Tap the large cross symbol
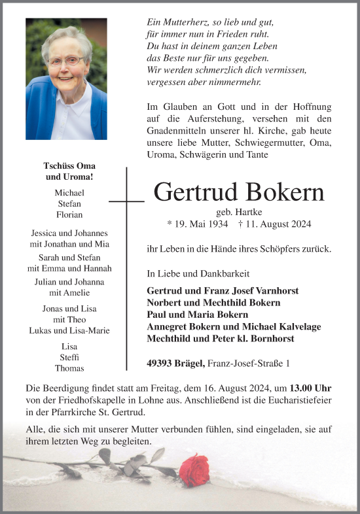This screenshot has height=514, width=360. pos(126,201)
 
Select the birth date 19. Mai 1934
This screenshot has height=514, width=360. pos(198,224)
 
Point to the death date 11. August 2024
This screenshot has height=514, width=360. pos(279,224)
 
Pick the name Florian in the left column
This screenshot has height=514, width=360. pos(69,214)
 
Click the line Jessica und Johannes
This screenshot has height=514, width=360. pos(69,233)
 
